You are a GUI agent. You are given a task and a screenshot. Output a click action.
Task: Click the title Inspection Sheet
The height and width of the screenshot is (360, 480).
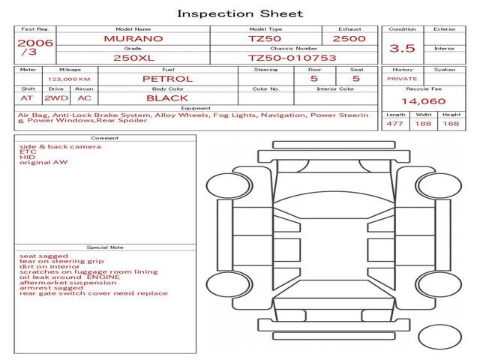(240, 13)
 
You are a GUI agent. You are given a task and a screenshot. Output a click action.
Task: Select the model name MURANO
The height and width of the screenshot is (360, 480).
(133, 39)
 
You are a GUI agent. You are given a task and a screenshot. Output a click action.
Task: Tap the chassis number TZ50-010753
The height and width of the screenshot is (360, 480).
(292, 58)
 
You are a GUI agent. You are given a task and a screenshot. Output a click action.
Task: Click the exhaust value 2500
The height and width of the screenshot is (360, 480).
(349, 39)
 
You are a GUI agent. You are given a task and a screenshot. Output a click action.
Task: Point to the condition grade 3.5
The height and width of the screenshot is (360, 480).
(402, 48)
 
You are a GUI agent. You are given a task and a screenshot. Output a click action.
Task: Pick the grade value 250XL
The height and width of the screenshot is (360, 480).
(133, 58)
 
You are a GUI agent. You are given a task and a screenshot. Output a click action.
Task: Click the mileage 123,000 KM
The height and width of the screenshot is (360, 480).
(69, 79)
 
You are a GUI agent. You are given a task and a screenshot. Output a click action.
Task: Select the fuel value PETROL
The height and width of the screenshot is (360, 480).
(168, 79)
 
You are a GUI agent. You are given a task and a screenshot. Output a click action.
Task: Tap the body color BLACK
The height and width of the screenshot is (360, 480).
(167, 98)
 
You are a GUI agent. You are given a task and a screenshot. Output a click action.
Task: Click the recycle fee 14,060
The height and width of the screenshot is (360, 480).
(424, 101)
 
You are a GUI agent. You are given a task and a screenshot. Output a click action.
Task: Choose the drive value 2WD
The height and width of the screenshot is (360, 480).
(56, 98)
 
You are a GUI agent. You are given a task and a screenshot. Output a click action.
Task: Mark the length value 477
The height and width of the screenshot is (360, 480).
(394, 124)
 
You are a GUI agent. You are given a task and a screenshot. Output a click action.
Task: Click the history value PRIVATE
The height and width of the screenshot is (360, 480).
(402, 79)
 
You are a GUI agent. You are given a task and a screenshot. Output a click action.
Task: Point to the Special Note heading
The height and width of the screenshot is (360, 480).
(105, 247)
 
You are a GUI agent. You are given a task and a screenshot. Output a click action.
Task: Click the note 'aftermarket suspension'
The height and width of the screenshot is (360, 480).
(68, 283)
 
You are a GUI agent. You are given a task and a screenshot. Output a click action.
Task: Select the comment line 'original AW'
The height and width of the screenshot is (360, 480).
(43, 162)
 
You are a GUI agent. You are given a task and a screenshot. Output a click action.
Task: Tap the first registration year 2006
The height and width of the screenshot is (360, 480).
(35, 43)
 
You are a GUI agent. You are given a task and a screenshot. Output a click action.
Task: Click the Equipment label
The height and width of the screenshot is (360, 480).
(196, 108)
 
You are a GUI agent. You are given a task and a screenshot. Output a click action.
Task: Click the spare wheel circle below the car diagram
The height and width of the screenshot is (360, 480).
(439, 337)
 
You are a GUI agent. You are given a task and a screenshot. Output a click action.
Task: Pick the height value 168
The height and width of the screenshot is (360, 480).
(451, 124)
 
